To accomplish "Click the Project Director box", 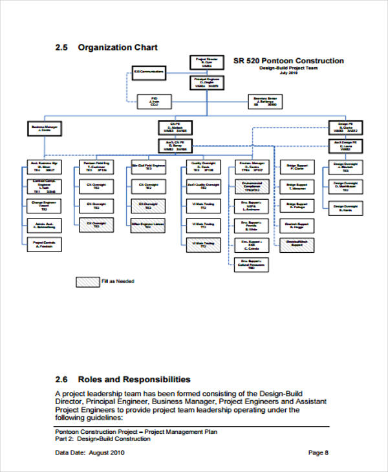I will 206,62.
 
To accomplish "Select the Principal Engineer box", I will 206,82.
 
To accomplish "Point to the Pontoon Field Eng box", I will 96,166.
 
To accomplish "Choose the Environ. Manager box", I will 249,166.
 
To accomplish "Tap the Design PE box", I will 345,126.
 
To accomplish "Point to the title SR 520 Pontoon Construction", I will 288,61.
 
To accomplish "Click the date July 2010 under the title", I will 288,73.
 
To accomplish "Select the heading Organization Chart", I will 118,47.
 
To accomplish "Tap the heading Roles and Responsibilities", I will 134,380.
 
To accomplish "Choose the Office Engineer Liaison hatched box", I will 147,225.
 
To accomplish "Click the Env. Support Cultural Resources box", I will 249,264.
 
